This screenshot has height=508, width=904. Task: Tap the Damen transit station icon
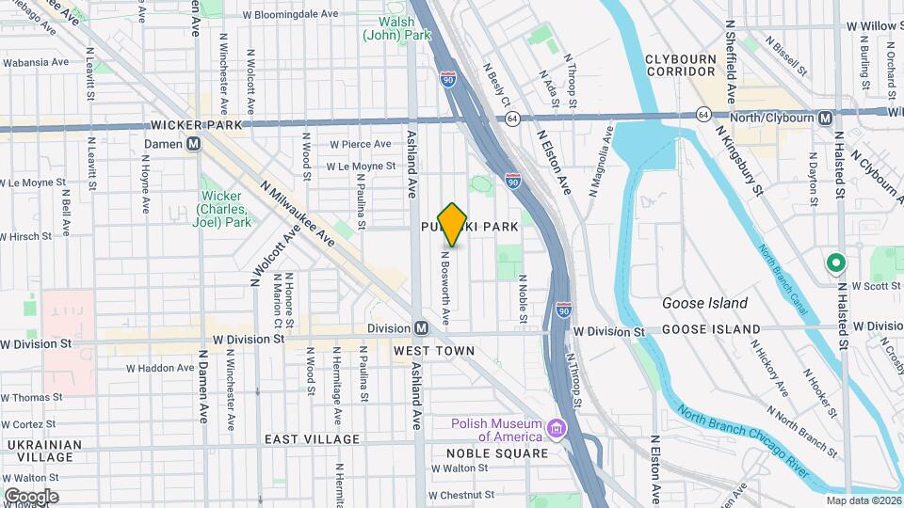click(x=194, y=144)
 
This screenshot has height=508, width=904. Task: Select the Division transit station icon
click(x=422, y=328)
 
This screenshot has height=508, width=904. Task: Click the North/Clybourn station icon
click(x=825, y=118)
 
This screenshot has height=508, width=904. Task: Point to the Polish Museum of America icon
click(x=557, y=430)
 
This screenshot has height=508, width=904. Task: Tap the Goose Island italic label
click(x=704, y=303)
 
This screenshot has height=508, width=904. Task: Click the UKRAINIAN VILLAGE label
click(x=39, y=450)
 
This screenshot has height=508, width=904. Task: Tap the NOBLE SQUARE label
click(x=497, y=453)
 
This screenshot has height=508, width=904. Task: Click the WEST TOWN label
click(x=434, y=350)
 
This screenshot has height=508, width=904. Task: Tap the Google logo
click(x=30, y=496)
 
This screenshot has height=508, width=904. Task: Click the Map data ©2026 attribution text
click(x=864, y=500)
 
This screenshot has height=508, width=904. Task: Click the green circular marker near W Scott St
click(x=834, y=263)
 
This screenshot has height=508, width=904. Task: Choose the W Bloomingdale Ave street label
click(x=290, y=15)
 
